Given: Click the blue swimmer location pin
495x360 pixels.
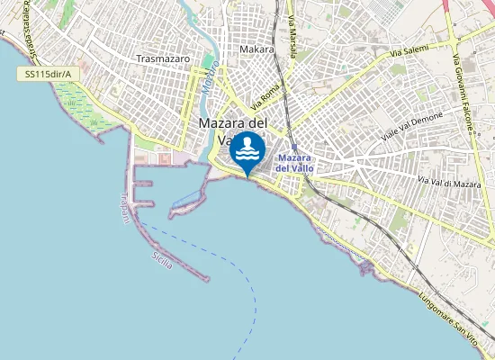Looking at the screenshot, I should [247, 153].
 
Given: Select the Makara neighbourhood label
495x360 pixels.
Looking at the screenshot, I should [257, 49].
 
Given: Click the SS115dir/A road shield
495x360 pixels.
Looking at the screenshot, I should [46, 73].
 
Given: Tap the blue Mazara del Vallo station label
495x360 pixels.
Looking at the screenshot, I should [295, 163].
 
